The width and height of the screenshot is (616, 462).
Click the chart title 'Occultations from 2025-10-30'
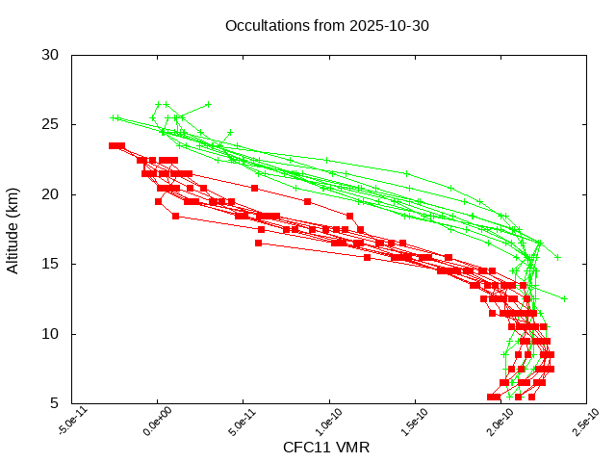326,26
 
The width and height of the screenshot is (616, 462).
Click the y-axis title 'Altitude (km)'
13,229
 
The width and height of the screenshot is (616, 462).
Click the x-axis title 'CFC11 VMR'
326,448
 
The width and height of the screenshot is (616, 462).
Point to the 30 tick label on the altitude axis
51,55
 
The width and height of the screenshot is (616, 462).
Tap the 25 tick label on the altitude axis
51,125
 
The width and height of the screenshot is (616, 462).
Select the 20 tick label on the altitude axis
51,194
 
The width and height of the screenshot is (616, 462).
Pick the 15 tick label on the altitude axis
51,264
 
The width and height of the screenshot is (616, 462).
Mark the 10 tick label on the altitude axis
51,334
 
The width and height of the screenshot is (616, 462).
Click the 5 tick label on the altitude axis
55,403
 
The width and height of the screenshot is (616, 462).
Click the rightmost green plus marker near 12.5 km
565,298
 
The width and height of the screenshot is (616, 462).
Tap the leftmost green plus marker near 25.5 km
113,118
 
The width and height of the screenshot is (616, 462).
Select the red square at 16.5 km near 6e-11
259,243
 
